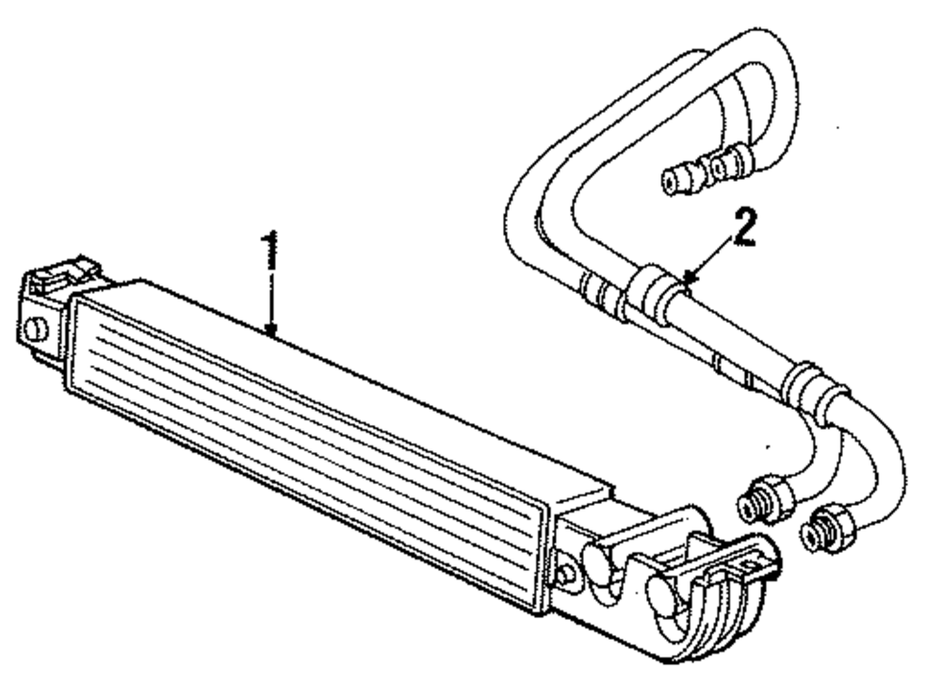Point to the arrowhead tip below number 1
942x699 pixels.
click(271, 333)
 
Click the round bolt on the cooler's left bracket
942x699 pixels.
click(37, 330)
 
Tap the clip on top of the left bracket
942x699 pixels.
click(62, 274)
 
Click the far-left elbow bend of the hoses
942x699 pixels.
click(521, 203)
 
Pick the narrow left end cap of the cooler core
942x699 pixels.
click(79, 339)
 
